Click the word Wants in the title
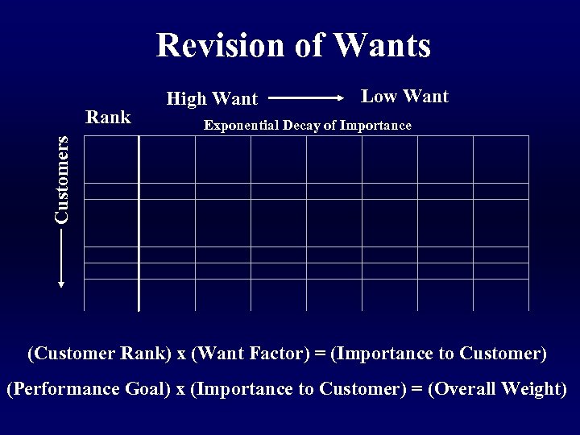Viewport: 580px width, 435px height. [382, 45]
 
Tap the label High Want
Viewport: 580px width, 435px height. [211, 99]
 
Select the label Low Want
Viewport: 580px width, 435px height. [404, 97]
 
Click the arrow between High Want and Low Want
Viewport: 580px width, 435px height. [306, 98]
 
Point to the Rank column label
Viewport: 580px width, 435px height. [108, 118]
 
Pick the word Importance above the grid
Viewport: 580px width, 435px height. [375, 126]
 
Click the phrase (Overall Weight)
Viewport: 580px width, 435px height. [498, 388]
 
